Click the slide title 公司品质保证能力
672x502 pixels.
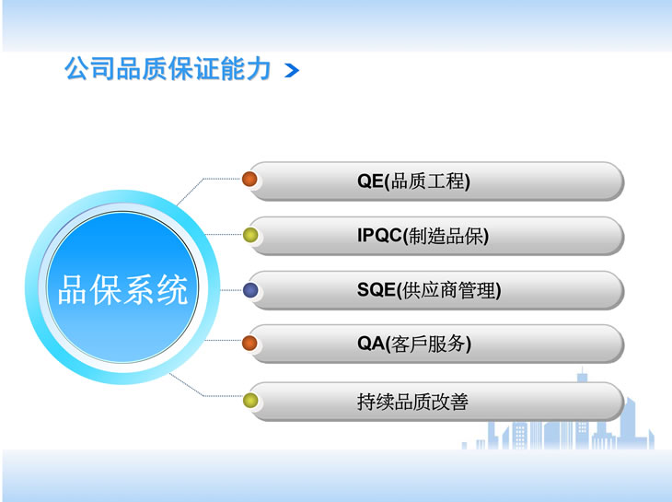(168, 68)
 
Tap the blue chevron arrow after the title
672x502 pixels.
(292, 71)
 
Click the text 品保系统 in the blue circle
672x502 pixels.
(123, 290)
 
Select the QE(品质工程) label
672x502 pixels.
(413, 181)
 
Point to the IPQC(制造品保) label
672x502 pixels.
(423, 236)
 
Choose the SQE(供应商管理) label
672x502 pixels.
(429, 290)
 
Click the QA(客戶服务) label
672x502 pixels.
(414, 344)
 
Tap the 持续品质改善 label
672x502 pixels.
(412, 402)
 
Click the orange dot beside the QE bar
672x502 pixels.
(249, 179)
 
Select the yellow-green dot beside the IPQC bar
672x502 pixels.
(250, 235)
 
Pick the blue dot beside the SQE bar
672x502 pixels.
(250, 290)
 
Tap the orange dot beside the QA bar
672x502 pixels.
(249, 343)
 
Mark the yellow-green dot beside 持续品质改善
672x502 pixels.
(250, 401)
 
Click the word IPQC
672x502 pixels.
(379, 236)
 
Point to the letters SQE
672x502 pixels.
(376, 290)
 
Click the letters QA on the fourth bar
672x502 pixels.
(371, 344)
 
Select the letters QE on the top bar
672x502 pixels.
(370, 181)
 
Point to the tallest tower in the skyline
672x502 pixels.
(582, 407)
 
